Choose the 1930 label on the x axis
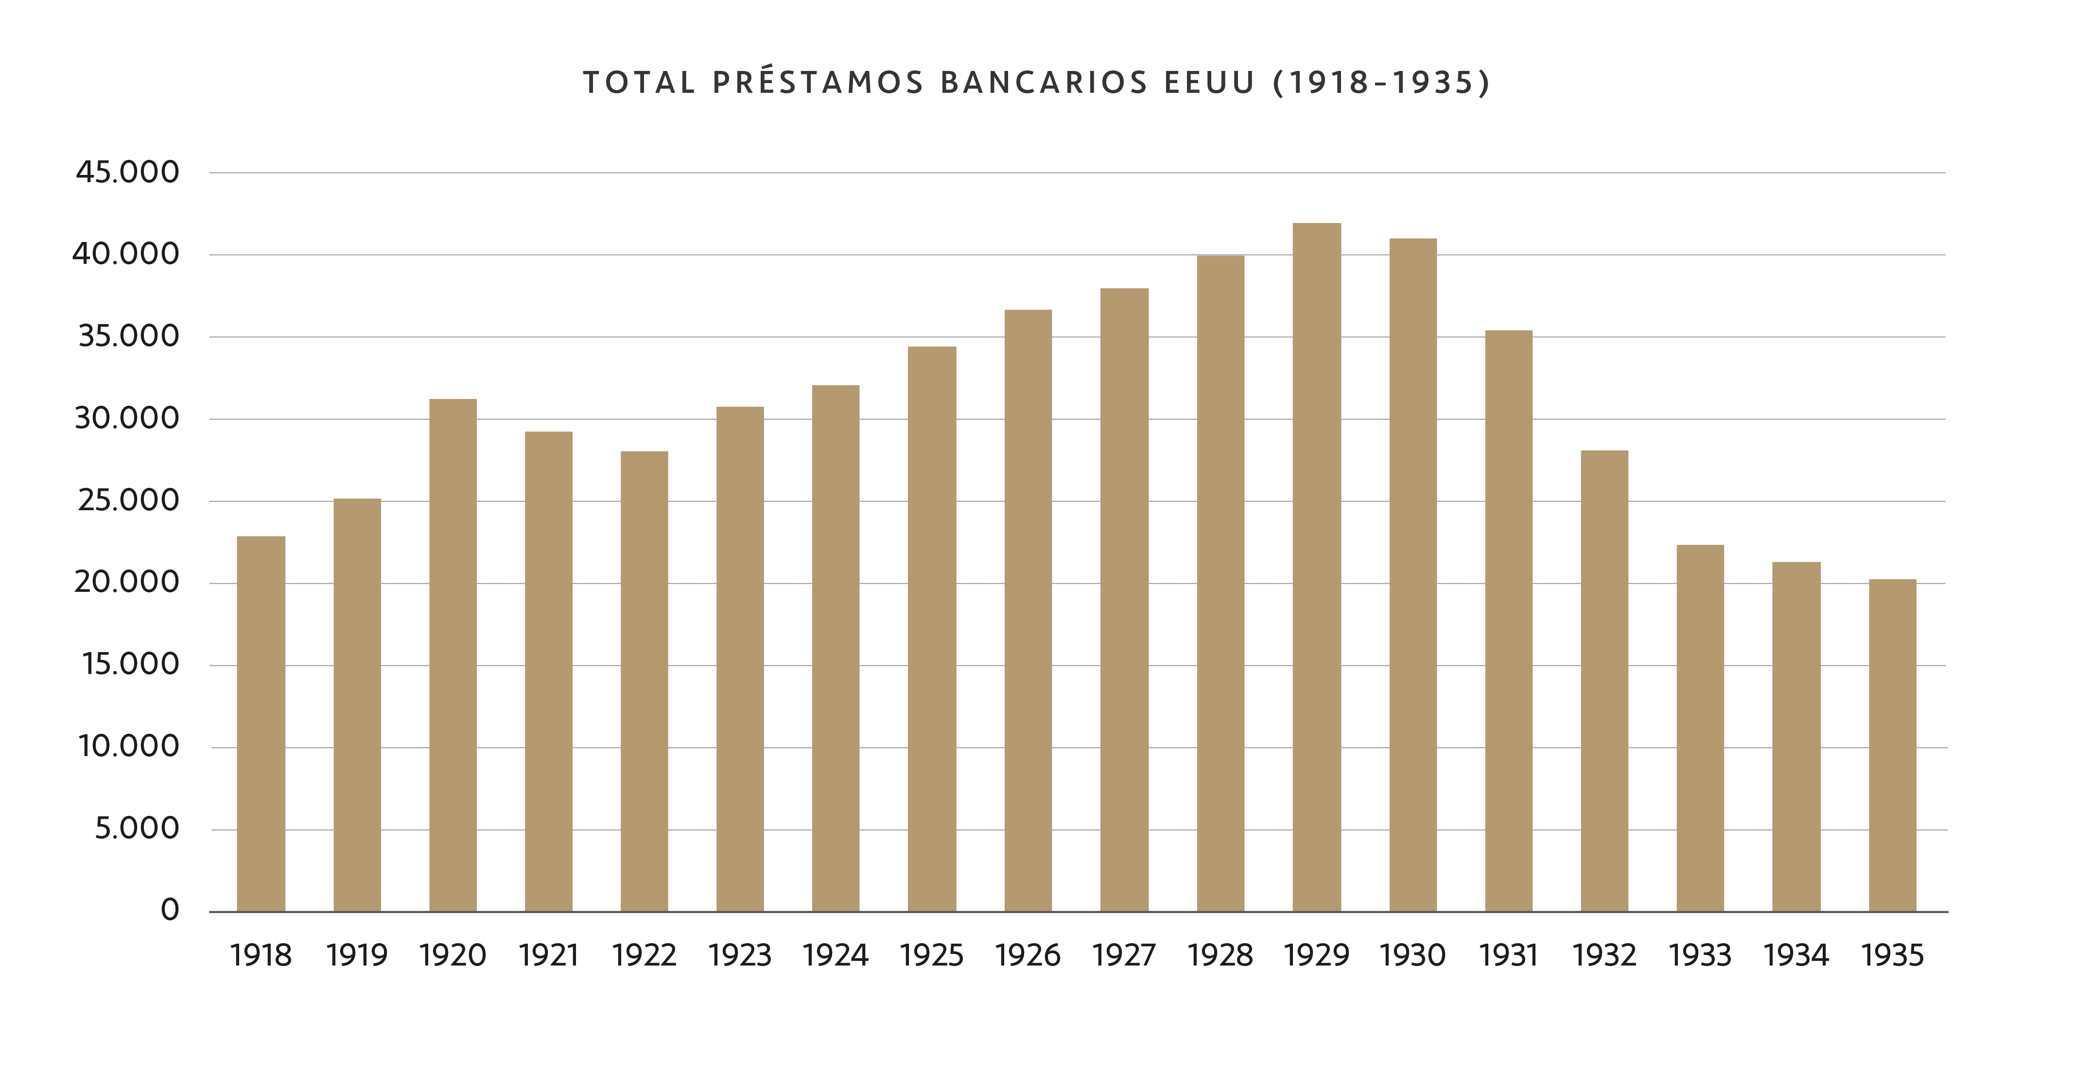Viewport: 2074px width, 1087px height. pyautogui.click(x=1412, y=956)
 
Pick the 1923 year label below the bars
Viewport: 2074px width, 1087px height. pyautogui.click(x=740, y=956)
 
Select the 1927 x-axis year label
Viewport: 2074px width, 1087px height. pyautogui.click(x=1124, y=956)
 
